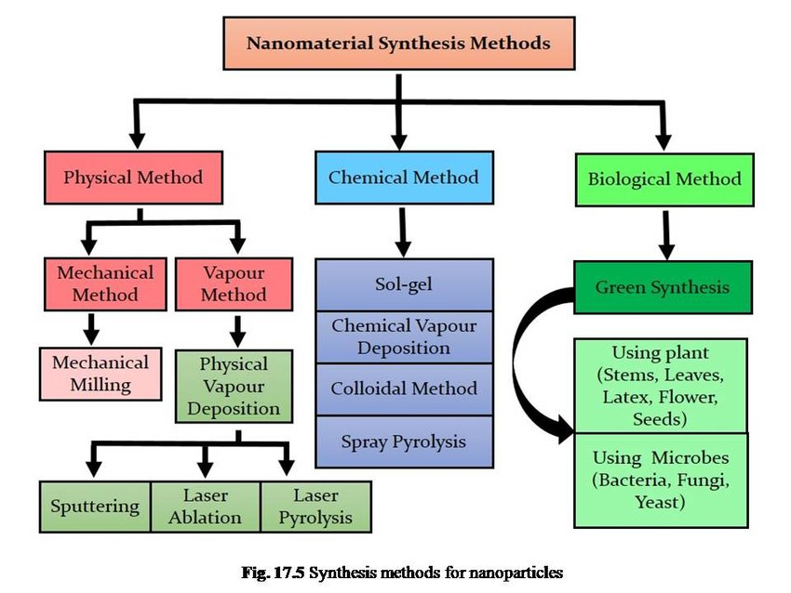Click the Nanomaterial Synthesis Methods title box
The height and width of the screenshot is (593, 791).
point(398,44)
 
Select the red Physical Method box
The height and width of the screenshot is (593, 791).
point(133,177)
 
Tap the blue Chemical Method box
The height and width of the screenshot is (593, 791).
point(403,177)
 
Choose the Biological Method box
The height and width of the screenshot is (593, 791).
point(664,178)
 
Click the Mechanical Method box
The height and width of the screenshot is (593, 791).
point(105,283)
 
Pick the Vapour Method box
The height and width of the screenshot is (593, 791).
point(234,283)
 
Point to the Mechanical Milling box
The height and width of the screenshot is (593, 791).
point(101,373)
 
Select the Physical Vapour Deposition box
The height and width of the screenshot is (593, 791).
point(234,386)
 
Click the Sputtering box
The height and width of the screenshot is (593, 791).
point(95,507)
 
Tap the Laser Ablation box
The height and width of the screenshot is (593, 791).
point(206,507)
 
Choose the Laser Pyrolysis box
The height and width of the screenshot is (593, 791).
point(315,507)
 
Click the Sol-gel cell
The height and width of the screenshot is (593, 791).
point(403,284)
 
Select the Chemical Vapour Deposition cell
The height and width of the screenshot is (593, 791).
point(403,336)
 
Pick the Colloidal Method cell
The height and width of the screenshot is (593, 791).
point(403,389)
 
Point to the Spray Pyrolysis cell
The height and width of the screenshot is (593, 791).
point(403,441)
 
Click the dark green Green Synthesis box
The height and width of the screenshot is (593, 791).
point(663,287)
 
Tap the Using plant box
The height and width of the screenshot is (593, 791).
point(661,386)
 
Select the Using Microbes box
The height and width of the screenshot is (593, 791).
point(661,480)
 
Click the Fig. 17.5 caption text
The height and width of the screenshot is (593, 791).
point(400,573)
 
